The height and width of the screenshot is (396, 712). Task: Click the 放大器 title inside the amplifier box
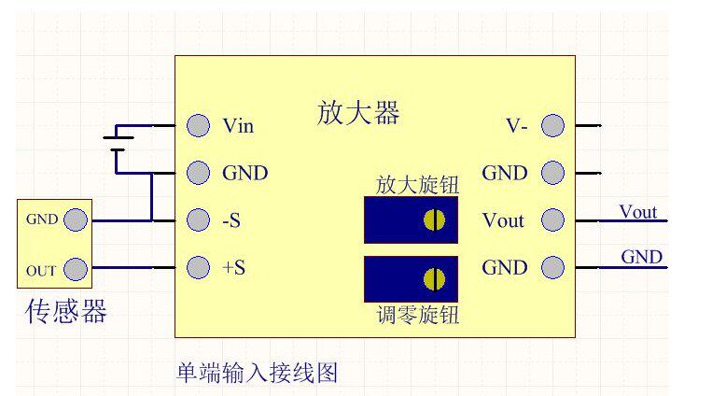coord(358,113)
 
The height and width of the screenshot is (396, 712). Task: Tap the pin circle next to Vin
coord(198,125)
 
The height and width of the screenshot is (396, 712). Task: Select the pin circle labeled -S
coord(198,220)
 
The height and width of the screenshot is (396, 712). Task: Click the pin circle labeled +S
coord(198,267)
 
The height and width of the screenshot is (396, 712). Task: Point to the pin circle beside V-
coord(552,125)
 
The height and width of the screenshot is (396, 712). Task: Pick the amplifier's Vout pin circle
coord(552,220)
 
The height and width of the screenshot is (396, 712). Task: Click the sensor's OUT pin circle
coord(76,271)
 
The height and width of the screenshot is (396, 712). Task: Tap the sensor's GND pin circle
coord(76,220)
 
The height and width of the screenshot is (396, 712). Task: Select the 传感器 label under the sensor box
coord(65,311)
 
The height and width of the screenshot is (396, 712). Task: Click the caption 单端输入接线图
coord(257,374)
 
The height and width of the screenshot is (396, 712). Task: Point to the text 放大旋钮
coord(417,184)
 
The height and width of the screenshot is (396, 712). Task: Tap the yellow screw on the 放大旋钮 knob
coord(434,220)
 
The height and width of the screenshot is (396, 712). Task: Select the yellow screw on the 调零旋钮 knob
coord(434,278)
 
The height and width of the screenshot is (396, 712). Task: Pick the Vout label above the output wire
coord(638,211)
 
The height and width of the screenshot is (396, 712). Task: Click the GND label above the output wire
coord(641,257)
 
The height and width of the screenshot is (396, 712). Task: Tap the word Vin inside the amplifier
coord(238,125)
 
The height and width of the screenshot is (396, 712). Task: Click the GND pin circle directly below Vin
coord(198,173)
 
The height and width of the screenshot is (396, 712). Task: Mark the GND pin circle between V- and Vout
coord(552,173)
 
